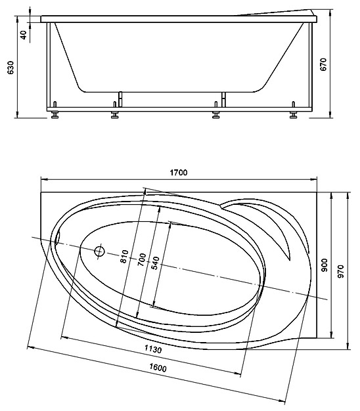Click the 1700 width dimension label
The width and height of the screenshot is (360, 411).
[179, 173]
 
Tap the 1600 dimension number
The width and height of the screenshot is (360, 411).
[158, 368]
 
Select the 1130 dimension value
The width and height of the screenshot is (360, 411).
[153, 349]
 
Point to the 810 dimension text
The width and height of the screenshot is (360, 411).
[124, 256]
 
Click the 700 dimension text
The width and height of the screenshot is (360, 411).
[142, 259]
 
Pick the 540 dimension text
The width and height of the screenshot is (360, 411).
[155, 263]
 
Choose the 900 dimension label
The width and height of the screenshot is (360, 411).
[325, 265]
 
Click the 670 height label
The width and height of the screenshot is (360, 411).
[324, 64]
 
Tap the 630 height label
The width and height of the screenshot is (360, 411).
[11, 68]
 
